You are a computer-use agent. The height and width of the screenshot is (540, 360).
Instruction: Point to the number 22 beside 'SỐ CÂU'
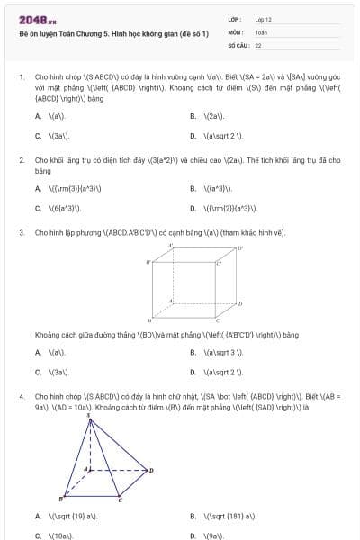[x=258, y=44]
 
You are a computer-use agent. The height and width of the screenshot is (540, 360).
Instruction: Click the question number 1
[x=21, y=77]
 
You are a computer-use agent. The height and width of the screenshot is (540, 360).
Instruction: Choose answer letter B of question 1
[x=193, y=117]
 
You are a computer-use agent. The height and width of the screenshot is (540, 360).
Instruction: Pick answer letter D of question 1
[x=193, y=137]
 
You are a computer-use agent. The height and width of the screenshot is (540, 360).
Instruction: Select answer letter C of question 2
[x=38, y=208]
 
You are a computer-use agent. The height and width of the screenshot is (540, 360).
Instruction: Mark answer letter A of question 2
[x=38, y=189]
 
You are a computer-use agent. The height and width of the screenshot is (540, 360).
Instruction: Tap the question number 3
[x=21, y=232]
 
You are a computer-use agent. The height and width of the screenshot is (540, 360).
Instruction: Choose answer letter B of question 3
[x=193, y=353]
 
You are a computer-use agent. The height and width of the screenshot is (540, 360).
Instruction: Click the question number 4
[x=21, y=395]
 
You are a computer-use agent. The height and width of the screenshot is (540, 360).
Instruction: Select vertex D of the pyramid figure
[x=151, y=469]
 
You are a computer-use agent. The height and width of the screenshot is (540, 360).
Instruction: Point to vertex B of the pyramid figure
[x=60, y=498]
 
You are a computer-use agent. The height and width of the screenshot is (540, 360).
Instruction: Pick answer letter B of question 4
[x=193, y=517]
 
